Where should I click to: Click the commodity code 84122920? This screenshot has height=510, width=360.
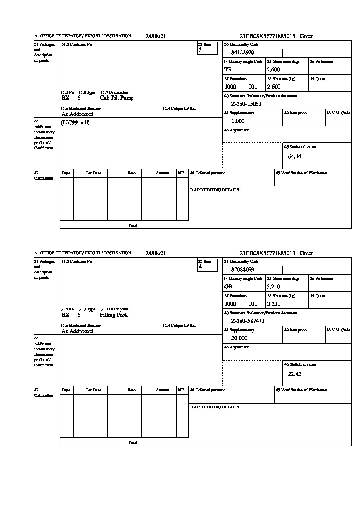(242, 53)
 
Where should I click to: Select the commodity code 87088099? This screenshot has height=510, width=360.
(242, 270)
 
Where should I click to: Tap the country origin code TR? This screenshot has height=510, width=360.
(228, 70)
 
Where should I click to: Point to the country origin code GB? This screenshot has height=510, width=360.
(228, 287)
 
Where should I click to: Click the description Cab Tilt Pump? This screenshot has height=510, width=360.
(116, 98)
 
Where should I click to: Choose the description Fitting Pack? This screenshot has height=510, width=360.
(113, 315)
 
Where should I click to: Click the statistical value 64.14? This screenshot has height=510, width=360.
(294, 157)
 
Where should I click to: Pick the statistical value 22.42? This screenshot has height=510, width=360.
(294, 374)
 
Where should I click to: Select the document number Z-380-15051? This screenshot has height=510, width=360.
(246, 104)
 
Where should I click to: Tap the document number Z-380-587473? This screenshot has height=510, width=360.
(248, 321)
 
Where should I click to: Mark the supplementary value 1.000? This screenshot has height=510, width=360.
(238, 121)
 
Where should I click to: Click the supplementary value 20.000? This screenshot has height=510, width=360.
(239, 338)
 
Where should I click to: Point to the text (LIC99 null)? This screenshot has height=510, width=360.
(76, 123)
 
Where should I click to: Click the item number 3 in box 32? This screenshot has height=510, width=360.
(200, 50)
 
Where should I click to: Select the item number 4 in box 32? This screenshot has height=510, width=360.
(200, 267)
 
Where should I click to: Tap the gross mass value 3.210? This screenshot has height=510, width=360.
(273, 287)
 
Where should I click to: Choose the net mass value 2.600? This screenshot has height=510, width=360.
(273, 87)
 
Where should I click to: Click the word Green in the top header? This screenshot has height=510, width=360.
(307, 36)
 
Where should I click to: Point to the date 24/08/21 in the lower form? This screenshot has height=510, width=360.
(156, 253)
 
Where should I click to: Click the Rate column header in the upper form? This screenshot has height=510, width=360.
(131, 173)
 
